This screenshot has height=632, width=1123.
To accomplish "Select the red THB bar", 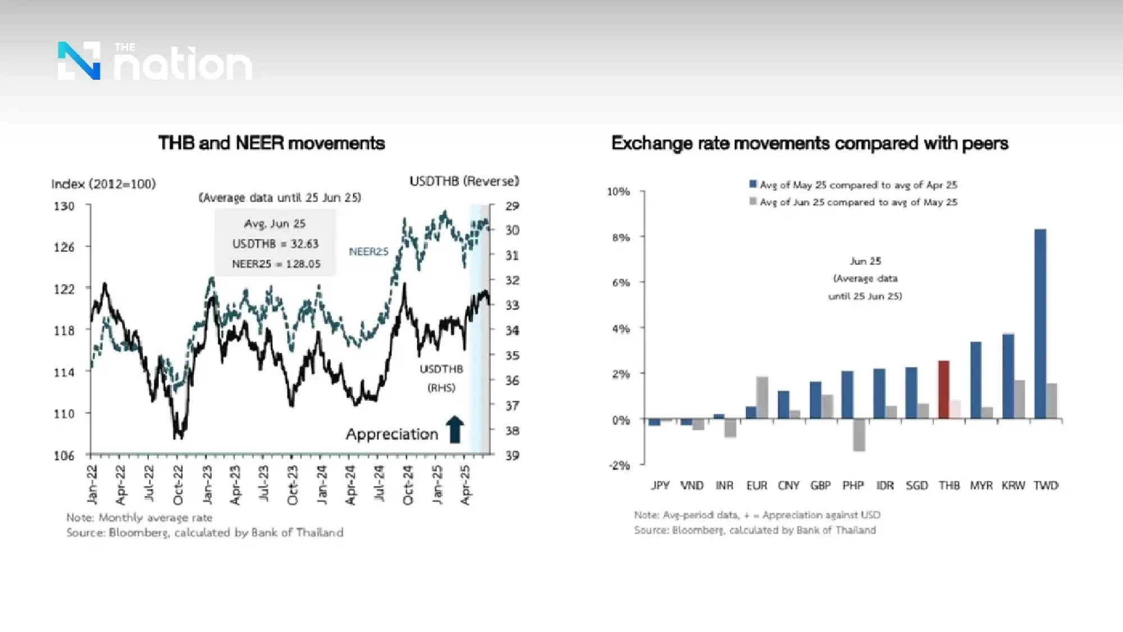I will tap(944, 389).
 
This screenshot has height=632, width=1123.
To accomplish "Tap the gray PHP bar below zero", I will tap(859, 435).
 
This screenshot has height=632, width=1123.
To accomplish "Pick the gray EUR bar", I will tap(762, 397).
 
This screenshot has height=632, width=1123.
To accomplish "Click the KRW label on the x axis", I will tap(1013, 485).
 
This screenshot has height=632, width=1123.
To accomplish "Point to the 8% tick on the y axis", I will tap(621, 238).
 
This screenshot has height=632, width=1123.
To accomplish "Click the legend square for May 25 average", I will tap(753, 184).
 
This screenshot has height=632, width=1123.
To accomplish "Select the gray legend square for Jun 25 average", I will tap(753, 201).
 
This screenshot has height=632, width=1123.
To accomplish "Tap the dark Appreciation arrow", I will tap(455, 430).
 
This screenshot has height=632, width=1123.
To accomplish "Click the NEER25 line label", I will tap(368, 252).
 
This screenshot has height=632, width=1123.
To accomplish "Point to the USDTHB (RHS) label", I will tap(441, 378).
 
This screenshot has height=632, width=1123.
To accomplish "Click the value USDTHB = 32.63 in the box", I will tap(275, 244).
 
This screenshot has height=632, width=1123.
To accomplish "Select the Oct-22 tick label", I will tap(178, 485).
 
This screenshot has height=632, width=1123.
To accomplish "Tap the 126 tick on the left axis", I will tap(64, 247).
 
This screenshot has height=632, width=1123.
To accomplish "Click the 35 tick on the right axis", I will tap(512, 356).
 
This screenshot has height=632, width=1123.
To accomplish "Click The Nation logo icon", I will tap(79, 61).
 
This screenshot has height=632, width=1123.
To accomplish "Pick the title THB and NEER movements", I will tap(271, 143).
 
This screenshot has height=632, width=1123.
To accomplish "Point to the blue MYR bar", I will tap(976, 380).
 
